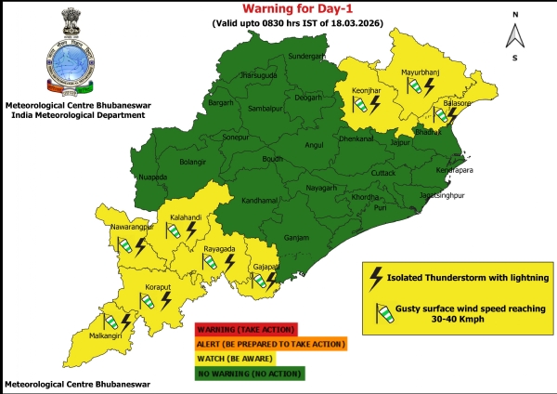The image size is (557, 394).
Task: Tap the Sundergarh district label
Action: pos(309,56)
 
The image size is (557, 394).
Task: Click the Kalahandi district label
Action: pos(185,217)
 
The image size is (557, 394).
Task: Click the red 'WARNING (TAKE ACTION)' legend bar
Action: pos(242,329)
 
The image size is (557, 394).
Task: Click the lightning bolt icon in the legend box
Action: pos(376,277)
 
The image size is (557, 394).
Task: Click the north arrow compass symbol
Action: pos(513,35)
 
